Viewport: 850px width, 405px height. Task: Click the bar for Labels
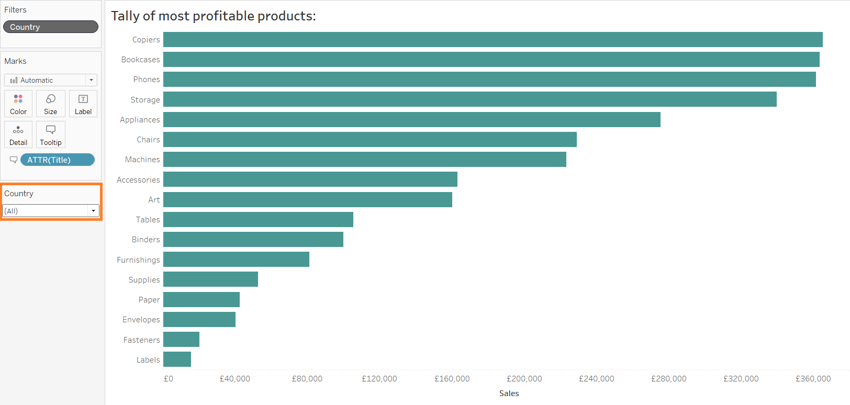(x=177, y=359)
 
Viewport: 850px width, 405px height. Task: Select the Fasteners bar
(x=181, y=340)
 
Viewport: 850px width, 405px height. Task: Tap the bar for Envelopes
(x=199, y=319)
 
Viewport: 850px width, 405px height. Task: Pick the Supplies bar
(x=210, y=279)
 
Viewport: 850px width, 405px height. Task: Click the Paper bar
(x=202, y=299)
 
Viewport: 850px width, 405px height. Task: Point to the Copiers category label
(x=146, y=40)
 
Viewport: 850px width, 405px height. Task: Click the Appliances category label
(x=140, y=120)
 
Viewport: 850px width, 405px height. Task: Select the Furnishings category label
(x=138, y=260)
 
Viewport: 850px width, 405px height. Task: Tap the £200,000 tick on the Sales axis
(x=524, y=379)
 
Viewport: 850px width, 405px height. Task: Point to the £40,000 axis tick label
(x=235, y=379)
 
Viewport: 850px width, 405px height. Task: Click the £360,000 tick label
(x=813, y=379)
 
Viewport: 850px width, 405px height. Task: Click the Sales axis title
(x=509, y=393)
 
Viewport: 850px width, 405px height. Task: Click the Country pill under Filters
(x=51, y=27)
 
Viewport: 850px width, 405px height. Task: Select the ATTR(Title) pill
(x=58, y=160)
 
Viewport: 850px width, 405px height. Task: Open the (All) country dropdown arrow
(x=93, y=211)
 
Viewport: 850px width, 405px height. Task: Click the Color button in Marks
(x=18, y=104)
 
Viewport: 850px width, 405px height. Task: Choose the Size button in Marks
(x=51, y=104)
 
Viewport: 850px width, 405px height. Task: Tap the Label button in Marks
(x=83, y=104)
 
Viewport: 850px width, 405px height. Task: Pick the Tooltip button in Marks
(x=51, y=134)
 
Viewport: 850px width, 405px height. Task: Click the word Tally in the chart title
(x=125, y=16)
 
